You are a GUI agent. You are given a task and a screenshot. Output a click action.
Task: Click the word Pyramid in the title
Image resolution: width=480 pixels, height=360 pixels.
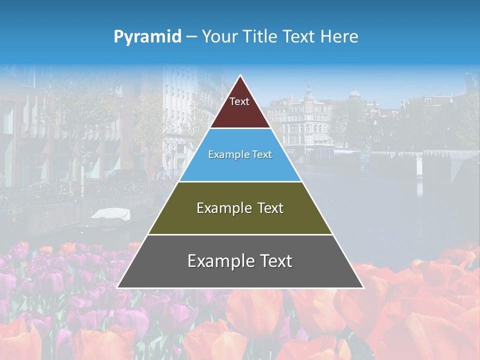(147, 37)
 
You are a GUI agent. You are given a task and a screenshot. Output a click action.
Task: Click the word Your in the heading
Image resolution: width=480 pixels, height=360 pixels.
(218, 36)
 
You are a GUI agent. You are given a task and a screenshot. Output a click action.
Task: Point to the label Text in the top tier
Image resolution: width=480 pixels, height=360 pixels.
(239, 101)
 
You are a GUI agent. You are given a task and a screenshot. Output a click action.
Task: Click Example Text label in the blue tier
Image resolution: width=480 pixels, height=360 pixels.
(240, 154)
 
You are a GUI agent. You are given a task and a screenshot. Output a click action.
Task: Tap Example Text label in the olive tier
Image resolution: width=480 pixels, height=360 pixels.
(240, 208)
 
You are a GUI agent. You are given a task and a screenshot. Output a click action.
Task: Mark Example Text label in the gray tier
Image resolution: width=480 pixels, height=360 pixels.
(240, 261)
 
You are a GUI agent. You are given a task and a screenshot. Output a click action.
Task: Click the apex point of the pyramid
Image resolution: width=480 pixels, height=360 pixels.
(240, 76)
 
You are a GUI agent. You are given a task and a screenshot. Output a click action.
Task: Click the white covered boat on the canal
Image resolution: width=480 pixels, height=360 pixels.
(110, 213)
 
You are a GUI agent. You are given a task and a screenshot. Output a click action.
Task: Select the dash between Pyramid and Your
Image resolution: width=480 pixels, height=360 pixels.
(191, 37)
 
